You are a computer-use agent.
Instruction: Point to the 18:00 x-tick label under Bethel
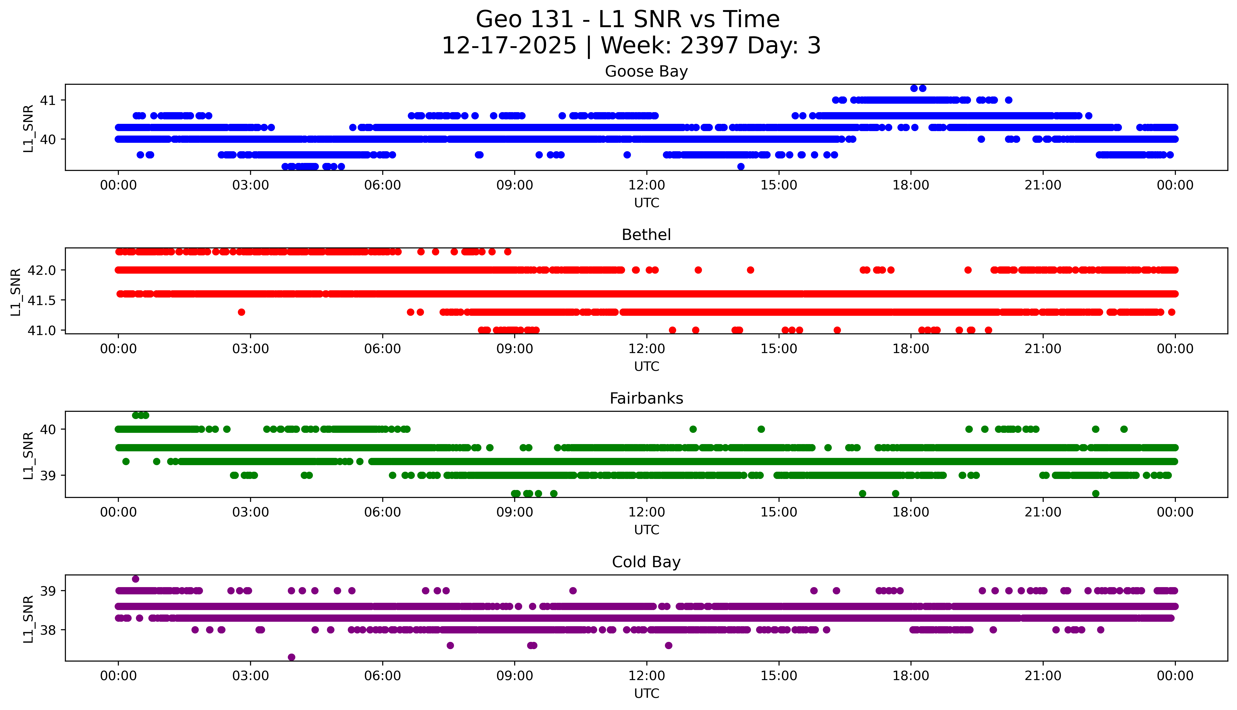pos(911,349)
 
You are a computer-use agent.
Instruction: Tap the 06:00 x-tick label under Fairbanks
pos(382,512)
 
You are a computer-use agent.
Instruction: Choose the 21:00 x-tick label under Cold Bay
pos(1043,676)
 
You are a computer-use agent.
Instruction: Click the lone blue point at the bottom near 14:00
pos(741,167)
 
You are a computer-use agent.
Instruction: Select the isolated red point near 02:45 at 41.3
pos(241,312)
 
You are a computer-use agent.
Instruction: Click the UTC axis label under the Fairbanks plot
pos(646,530)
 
